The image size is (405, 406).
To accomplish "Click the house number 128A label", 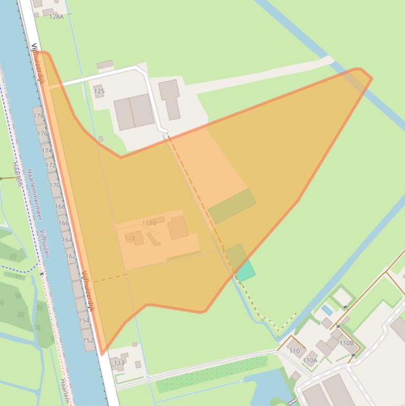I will [x=56, y=17].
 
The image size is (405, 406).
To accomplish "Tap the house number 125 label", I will [x=99, y=91].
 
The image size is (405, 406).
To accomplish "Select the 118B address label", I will [x=149, y=223].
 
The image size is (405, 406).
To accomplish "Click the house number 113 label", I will [x=119, y=363].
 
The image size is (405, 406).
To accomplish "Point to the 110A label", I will [x=310, y=361].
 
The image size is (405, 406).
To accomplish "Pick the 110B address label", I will [x=347, y=343].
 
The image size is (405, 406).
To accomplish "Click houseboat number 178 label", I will [x=38, y=116].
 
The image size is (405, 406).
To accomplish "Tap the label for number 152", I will [x=88, y=341].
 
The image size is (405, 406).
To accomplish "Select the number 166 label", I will [x=63, y=223].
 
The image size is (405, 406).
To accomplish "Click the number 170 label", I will [x=55, y=186].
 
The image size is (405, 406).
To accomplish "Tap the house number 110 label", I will [x=294, y=351].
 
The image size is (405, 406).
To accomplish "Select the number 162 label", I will [x=71, y=256].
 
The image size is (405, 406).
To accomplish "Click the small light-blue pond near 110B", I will [x=327, y=310].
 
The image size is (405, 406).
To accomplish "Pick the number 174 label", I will [x=46, y=151].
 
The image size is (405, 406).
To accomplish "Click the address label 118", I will [x=130, y=238].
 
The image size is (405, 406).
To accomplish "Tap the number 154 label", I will [x=84, y=321].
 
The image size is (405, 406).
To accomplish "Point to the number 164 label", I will [x=67, y=240].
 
